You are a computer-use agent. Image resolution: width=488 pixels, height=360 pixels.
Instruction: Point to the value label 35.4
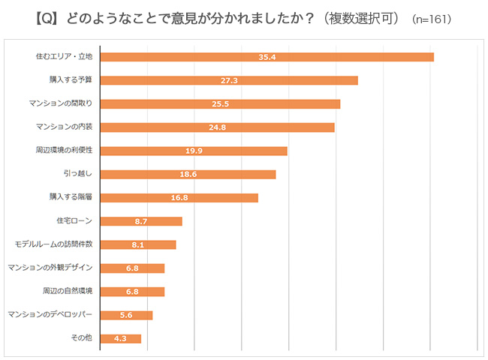pos(267,56)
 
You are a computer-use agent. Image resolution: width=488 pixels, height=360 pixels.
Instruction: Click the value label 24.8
pos(218,127)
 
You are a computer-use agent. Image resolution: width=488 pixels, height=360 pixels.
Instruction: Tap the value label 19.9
pos(194,151)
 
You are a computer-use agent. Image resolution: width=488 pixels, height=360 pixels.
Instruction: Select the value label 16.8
pos(179,198)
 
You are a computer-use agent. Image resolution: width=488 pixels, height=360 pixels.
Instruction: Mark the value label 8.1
pos(138,244)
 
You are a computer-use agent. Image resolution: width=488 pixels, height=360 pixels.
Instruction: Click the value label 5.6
pos(126,315)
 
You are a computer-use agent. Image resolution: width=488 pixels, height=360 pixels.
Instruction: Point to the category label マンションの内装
pos(64,127)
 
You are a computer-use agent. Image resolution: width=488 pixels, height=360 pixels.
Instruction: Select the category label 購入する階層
pos(70,198)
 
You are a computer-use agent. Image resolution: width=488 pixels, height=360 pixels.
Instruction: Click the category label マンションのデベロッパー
pos(50,315)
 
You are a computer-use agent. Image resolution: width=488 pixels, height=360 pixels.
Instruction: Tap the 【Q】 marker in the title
pos(46,16)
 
